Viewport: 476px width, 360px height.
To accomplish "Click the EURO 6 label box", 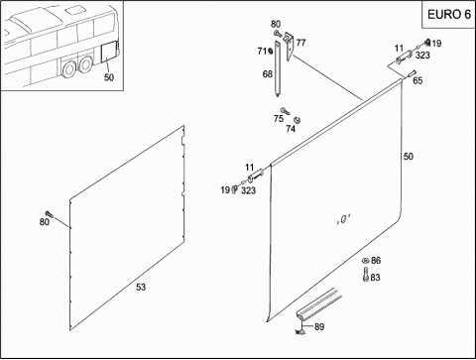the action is (x=448, y=15).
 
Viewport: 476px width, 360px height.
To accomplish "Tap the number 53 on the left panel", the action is (x=141, y=287).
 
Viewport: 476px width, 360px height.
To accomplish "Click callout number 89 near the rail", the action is (x=319, y=326).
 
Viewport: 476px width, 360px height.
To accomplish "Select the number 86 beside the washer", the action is (x=376, y=261).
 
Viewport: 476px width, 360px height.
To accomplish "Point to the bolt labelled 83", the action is (x=366, y=275).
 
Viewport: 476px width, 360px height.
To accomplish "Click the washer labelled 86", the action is (x=365, y=260).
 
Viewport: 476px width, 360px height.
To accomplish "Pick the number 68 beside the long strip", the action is (x=267, y=73).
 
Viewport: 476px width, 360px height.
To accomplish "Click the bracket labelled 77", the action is (x=290, y=46).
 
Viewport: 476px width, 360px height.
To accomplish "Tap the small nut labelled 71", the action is (x=271, y=51).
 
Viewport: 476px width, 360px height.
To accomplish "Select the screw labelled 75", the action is (x=285, y=111).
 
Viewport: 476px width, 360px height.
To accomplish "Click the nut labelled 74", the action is (x=297, y=120).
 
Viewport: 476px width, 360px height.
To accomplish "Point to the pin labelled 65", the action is (x=411, y=73).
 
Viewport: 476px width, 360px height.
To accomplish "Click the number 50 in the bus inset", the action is (x=109, y=77).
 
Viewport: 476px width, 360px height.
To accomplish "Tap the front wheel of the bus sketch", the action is (x=69, y=69).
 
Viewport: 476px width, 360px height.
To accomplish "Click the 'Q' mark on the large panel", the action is (x=343, y=219).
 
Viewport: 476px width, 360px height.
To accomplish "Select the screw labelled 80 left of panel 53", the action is (x=50, y=214).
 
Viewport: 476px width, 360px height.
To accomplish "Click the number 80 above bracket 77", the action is (x=276, y=24).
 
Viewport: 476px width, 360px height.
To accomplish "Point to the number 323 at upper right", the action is (x=422, y=55).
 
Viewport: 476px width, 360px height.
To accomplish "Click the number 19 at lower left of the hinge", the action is (x=225, y=190).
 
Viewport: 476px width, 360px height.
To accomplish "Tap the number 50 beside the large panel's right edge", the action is (x=409, y=157).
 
